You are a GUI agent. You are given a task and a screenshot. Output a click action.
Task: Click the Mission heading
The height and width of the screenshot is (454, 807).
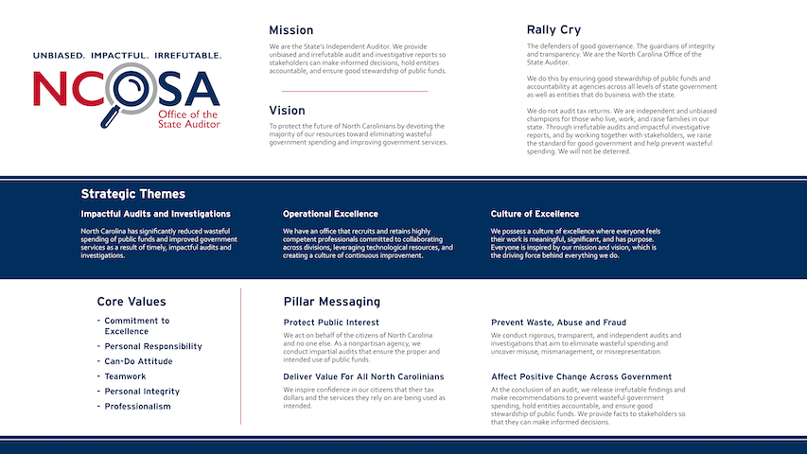coord(290,30)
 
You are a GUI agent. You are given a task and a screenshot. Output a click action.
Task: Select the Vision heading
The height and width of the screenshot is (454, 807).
coord(287,111)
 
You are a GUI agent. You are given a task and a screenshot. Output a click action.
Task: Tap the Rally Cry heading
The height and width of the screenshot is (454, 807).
coord(556,29)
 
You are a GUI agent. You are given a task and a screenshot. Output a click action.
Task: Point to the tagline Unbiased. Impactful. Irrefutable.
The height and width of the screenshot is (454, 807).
coord(128,56)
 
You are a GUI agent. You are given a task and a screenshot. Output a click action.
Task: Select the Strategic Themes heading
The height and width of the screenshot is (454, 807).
coord(132,194)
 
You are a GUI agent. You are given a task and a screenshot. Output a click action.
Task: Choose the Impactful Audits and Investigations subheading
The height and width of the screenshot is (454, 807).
coord(155,214)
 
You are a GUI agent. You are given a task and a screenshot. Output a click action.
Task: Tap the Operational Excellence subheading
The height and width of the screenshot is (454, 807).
coord(330,214)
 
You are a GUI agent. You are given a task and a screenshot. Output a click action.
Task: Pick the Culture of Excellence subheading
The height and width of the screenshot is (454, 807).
coord(535,214)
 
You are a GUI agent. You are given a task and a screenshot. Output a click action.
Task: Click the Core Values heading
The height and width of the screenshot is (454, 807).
coord(132,302)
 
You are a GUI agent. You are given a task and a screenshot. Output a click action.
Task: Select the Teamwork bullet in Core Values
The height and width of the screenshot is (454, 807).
coord(125,376)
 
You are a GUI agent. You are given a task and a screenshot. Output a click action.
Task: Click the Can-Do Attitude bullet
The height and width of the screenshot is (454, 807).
coord(138,361)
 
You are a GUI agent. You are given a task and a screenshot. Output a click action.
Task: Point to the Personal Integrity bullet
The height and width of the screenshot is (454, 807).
coord(142,392)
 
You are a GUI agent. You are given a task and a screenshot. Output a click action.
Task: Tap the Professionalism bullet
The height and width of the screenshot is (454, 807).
coord(137,407)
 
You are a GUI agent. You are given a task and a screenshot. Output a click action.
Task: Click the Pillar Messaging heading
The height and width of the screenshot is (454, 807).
coord(331,302)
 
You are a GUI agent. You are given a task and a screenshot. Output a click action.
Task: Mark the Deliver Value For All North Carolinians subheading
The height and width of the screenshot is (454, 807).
coord(363,376)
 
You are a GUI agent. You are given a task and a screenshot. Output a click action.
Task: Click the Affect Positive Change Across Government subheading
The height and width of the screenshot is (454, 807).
coord(581,376)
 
